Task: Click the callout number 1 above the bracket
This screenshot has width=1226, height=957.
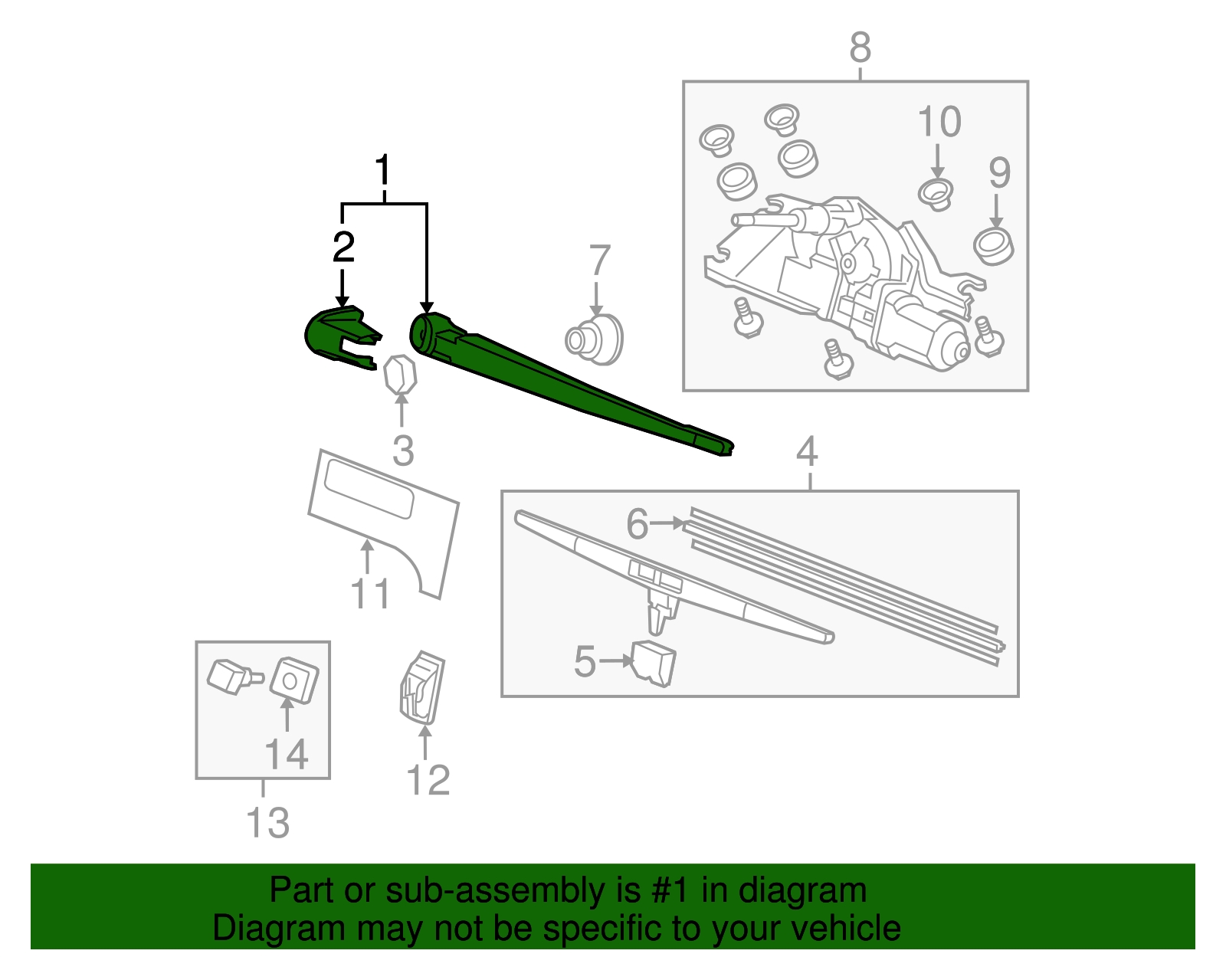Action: click(x=383, y=171)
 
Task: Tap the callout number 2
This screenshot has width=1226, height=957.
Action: click(x=343, y=247)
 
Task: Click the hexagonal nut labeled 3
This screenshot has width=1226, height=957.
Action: click(x=399, y=375)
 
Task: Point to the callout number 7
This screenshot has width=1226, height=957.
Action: click(x=599, y=261)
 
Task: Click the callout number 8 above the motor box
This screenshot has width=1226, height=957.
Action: click(x=860, y=48)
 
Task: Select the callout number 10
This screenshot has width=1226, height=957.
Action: click(x=939, y=123)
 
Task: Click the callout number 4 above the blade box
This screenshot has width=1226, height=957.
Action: click(x=807, y=452)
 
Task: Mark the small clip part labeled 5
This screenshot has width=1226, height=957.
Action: click(x=654, y=663)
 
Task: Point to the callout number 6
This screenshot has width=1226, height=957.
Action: click(x=637, y=524)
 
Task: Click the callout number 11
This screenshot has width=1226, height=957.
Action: click(x=370, y=594)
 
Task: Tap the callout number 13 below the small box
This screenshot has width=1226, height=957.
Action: click(x=267, y=823)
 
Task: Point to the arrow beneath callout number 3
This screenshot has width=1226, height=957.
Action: click(x=401, y=410)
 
